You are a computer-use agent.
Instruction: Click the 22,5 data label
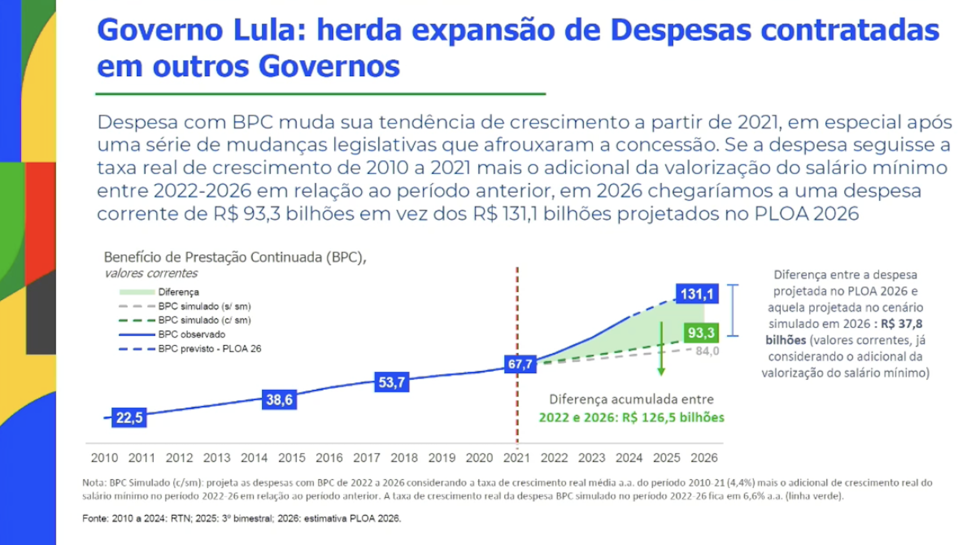coord(129,418)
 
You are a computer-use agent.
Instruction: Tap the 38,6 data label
coord(279,400)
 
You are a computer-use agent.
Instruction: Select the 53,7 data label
coord(391,383)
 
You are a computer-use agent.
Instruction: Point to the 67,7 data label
coord(520,364)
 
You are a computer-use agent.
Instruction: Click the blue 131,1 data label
coord(697,294)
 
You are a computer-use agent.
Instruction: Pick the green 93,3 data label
coord(701,333)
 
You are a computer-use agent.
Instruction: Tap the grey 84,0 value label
coord(707,351)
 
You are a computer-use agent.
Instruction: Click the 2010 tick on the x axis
coord(104,458)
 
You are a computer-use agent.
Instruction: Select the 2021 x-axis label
coord(517,458)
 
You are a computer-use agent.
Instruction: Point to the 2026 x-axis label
coord(704,458)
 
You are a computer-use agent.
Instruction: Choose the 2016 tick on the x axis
coord(329,458)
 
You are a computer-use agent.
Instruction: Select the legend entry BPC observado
coord(192,335)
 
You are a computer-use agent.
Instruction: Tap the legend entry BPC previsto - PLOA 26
coord(209,349)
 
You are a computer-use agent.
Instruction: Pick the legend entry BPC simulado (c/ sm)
coord(204,320)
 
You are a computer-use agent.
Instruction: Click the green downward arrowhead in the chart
coord(661,372)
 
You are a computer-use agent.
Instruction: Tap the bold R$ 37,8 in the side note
coord(901,324)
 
